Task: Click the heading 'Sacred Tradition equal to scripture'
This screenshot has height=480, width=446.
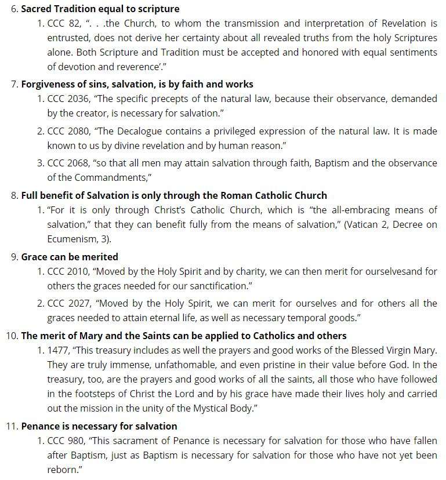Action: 100,9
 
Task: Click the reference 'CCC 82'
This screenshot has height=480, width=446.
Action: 64,24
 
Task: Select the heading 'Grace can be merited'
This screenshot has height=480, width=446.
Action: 70,256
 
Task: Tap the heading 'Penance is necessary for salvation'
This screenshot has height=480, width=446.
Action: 99,426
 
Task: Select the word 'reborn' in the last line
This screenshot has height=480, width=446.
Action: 62,469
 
